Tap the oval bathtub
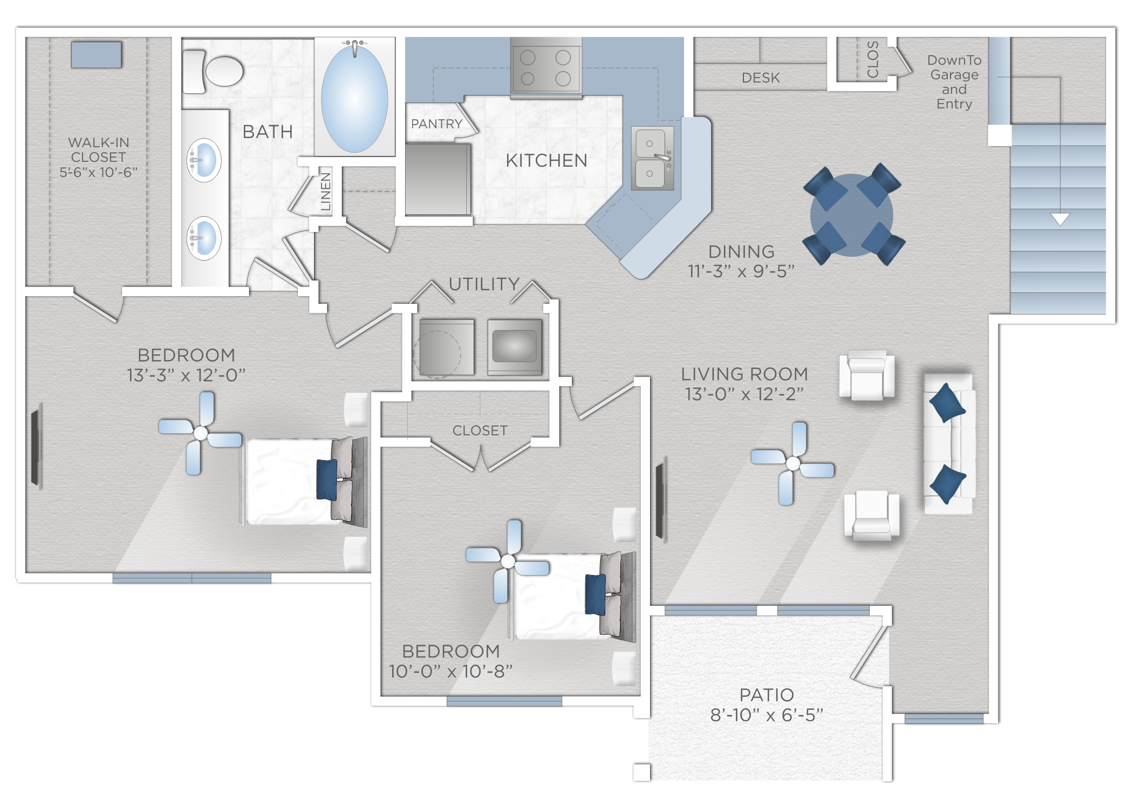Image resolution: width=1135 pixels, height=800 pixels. pyautogui.click(x=354, y=98)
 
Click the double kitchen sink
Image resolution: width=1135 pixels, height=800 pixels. pyautogui.click(x=652, y=158)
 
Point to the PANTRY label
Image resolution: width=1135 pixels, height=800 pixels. pyautogui.click(x=436, y=124)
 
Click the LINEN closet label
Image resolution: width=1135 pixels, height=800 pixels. pyautogui.click(x=325, y=192)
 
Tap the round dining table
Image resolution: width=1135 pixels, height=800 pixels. pyautogui.click(x=852, y=215)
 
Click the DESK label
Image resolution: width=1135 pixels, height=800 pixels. pyautogui.click(x=761, y=78)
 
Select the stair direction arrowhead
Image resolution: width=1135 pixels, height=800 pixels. pyautogui.click(x=1060, y=219)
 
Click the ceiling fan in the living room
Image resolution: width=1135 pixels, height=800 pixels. pyautogui.click(x=793, y=463)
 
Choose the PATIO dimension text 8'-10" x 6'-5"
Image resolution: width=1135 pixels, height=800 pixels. pyautogui.click(x=767, y=715)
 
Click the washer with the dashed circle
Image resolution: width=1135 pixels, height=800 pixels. pyautogui.click(x=447, y=347)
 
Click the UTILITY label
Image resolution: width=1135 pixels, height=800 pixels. pyautogui.click(x=484, y=284)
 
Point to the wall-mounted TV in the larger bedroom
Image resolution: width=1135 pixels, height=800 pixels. pyautogui.click(x=36, y=448)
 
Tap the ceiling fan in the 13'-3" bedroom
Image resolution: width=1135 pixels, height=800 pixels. pyautogui.click(x=201, y=433)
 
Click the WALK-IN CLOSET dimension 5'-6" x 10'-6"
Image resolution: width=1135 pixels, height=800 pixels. pyautogui.click(x=98, y=172)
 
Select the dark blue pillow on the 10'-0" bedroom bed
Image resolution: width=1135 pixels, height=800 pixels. pyautogui.click(x=596, y=594)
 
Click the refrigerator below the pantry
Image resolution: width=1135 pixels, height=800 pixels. pyautogui.click(x=437, y=179)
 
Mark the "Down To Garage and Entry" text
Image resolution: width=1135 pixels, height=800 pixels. pyautogui.click(x=954, y=82)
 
